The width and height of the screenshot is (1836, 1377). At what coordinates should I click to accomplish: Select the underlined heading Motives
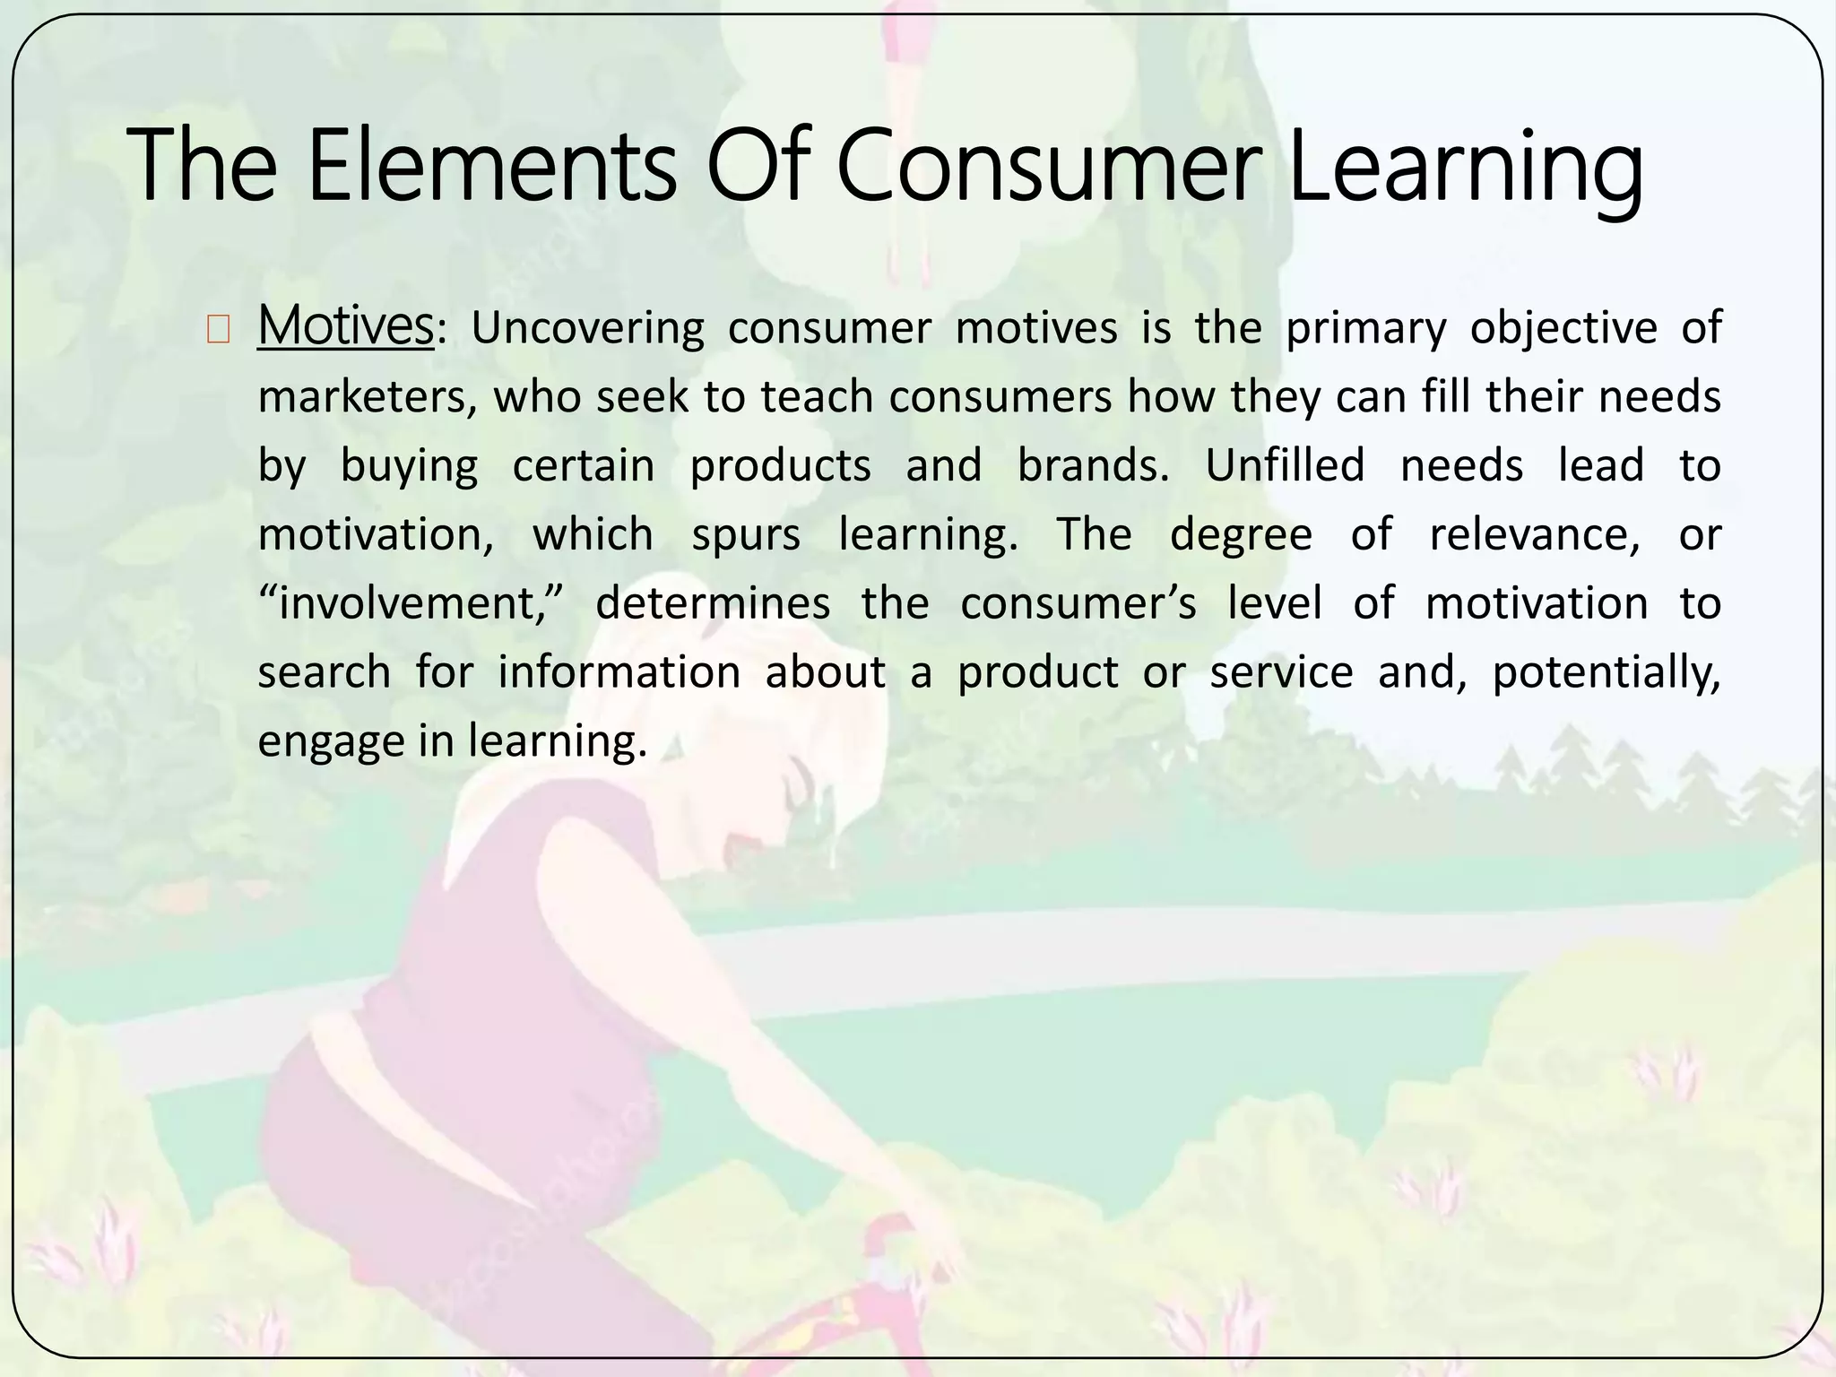345,325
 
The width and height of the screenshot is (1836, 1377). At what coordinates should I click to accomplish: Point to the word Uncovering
587,328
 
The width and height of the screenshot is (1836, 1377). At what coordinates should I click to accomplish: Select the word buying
409,466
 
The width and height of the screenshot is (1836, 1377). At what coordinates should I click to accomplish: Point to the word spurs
746,535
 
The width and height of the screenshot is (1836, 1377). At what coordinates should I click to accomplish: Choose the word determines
713,603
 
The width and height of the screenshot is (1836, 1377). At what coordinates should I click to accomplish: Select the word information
619,672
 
